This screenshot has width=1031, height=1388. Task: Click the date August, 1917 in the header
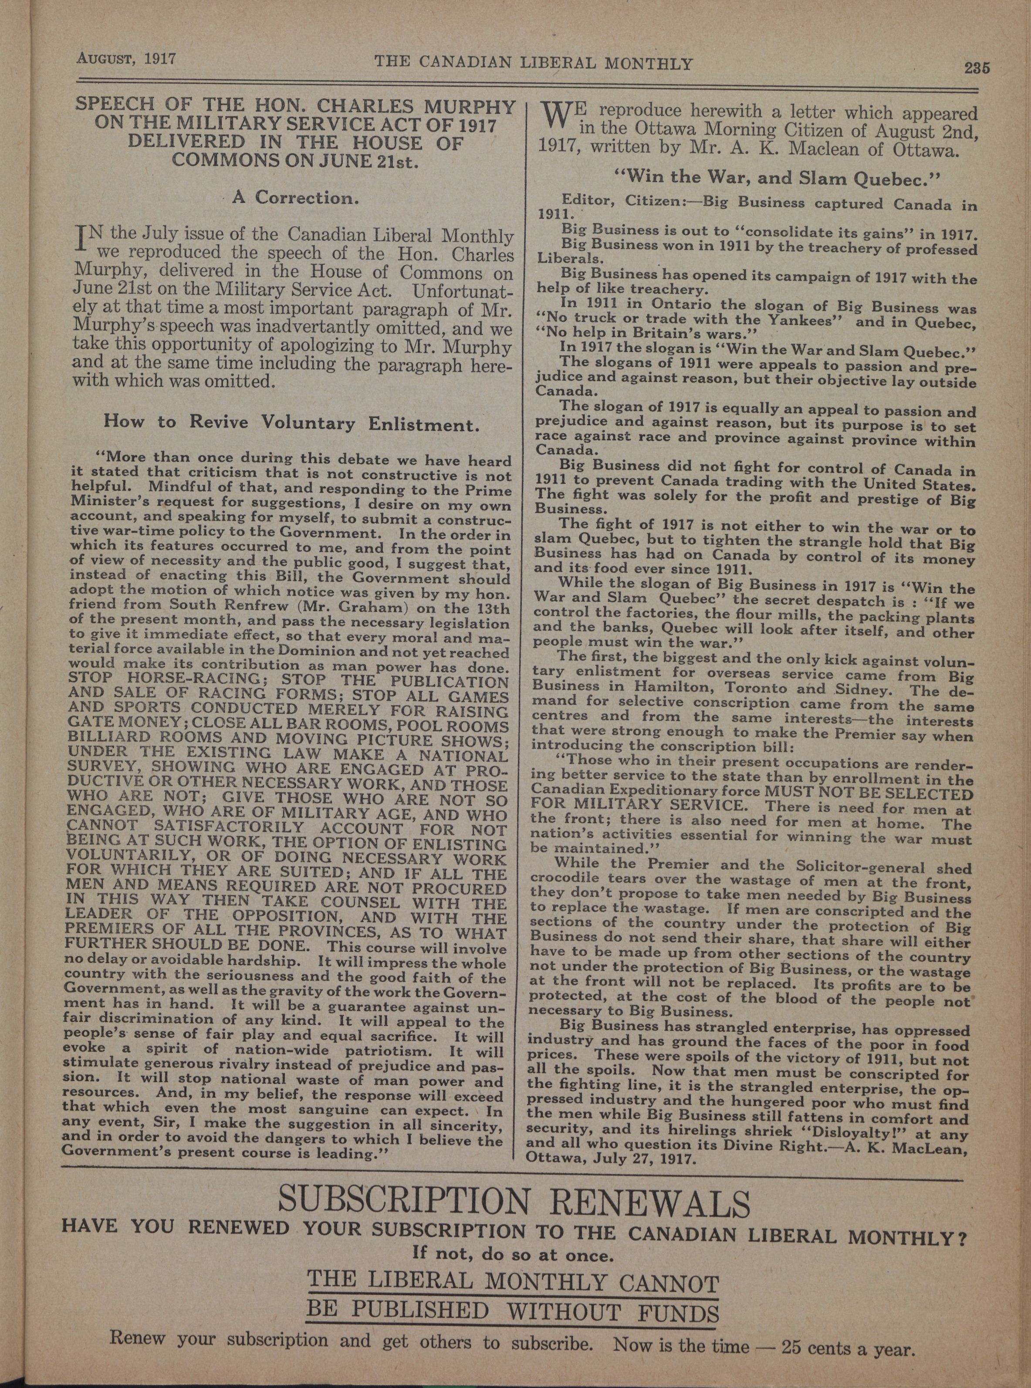click(x=127, y=60)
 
